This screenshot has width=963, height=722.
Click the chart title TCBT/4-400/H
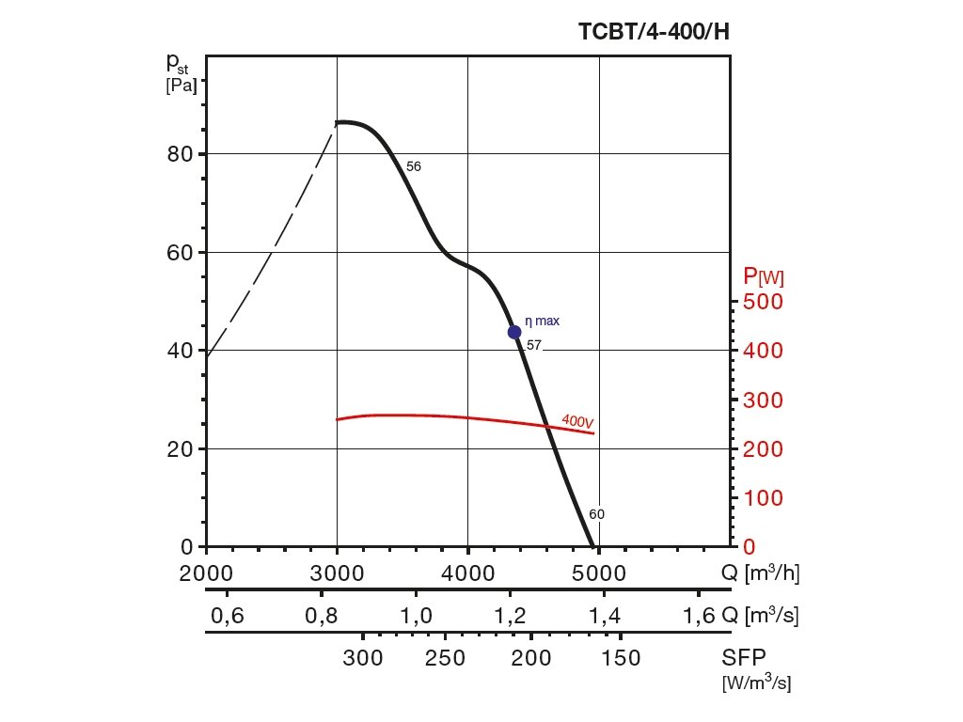654,32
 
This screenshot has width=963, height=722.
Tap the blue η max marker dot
514,332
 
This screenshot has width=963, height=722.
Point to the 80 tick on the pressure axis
181,154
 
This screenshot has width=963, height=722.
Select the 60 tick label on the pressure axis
181,252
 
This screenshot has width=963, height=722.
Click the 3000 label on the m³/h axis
337,572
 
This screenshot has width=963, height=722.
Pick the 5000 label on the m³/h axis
599,572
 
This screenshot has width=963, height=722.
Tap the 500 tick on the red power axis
763,302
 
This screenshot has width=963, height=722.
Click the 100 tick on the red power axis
763,498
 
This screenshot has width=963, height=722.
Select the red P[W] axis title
764,276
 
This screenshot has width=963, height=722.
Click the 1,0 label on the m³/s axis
416,617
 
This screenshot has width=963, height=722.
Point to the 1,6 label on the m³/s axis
699,617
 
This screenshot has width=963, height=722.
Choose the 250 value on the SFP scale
446,658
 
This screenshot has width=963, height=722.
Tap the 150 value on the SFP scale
621,658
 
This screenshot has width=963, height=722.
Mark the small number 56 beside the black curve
414,166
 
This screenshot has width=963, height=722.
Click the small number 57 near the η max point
534,345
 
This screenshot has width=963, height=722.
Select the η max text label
542,321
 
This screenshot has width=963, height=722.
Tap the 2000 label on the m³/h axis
206,572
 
